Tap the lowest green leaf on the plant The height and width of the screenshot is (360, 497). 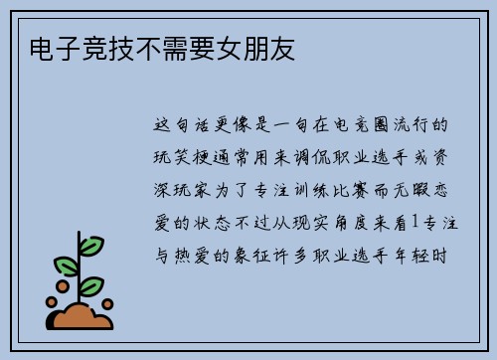point(90,286)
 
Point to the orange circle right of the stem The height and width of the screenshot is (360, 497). point(107,304)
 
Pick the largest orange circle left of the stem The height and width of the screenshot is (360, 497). point(61,288)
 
